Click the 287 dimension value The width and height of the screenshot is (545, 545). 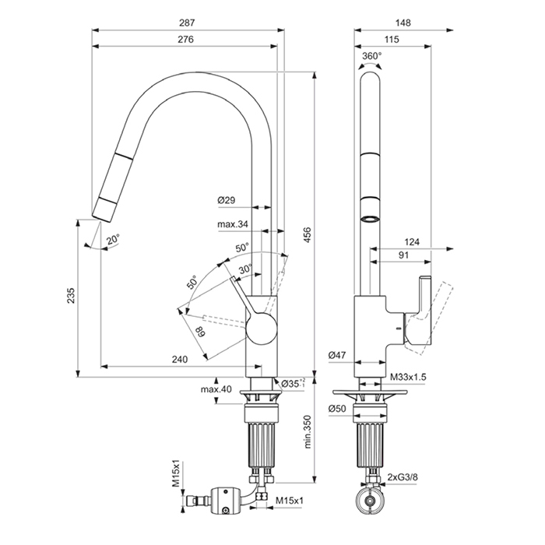[x=187, y=23]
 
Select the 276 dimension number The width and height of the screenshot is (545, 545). [x=185, y=39]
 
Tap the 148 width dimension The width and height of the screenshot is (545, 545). [x=403, y=23]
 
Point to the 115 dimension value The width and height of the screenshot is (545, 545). [x=392, y=39]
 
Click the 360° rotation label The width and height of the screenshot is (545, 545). [x=371, y=55]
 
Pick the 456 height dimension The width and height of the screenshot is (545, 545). [x=308, y=235]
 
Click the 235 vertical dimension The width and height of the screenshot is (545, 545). [x=71, y=295]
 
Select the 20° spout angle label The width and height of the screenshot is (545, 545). [x=113, y=240]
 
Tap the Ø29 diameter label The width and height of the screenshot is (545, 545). [x=227, y=200]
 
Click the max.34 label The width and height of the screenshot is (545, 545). [x=233, y=224]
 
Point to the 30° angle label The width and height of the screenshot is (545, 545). [x=245, y=269]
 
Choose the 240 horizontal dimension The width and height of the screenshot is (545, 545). [x=180, y=359]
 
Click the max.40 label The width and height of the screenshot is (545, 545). [x=216, y=389]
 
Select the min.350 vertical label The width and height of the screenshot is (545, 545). [x=308, y=431]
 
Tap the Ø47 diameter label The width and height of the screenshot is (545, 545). [x=337, y=355]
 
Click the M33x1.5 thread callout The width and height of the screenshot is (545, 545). [x=408, y=377]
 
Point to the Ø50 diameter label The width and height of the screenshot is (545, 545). [x=337, y=409]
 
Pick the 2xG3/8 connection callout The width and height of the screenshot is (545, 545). [x=403, y=477]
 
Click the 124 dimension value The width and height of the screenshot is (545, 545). [x=412, y=242]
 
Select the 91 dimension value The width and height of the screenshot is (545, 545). [x=403, y=255]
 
